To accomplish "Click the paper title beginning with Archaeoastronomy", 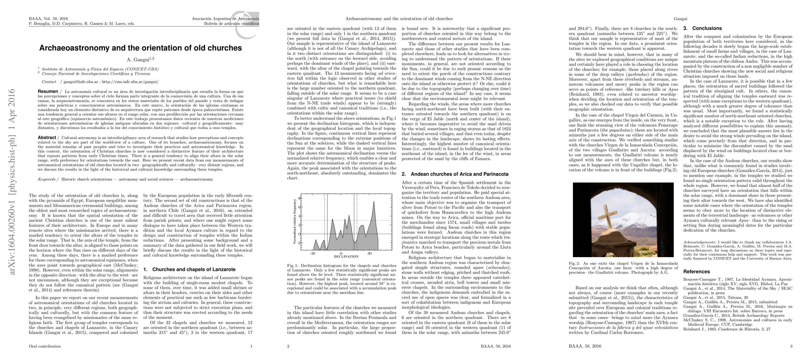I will click(x=140, y=48).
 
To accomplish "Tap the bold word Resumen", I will click(x=48, y=91).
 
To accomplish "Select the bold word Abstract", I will click(x=47, y=138).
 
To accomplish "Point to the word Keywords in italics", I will click(x=46, y=179).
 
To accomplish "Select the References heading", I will click(x=696, y=272).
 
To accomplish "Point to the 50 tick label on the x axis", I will click(x=370, y=253).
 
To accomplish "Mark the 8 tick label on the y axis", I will click(x=299, y=198).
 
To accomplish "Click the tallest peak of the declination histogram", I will click(x=373, y=202).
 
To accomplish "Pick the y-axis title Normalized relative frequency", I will click(x=295, y=221).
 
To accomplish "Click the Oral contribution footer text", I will click(x=45, y=346).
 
